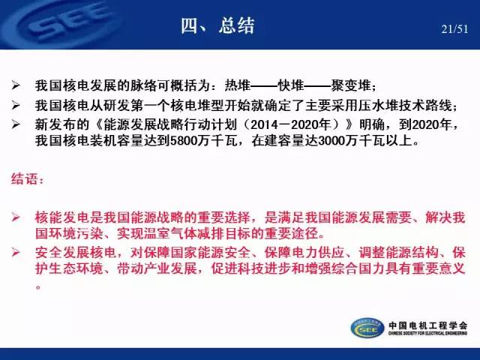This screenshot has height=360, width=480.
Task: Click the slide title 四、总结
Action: [217, 25]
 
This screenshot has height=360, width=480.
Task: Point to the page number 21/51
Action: [454, 29]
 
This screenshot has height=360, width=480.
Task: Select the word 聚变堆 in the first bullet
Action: [351, 85]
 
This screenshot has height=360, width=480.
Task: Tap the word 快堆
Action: [291, 85]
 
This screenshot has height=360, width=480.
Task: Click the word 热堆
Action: [238, 85]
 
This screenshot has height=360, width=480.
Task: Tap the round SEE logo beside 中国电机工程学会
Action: [367, 328]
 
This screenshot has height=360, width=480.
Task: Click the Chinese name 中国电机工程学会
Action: [428, 325]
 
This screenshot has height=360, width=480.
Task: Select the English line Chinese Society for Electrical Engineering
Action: [428, 333]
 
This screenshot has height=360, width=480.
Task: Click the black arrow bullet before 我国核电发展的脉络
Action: [16, 85]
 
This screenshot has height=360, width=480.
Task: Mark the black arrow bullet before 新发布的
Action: [16, 124]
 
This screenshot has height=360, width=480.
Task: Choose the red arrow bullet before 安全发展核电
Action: [16, 253]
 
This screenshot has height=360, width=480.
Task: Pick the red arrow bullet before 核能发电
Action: [16, 217]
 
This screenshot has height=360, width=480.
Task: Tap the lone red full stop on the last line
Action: [38, 287]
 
